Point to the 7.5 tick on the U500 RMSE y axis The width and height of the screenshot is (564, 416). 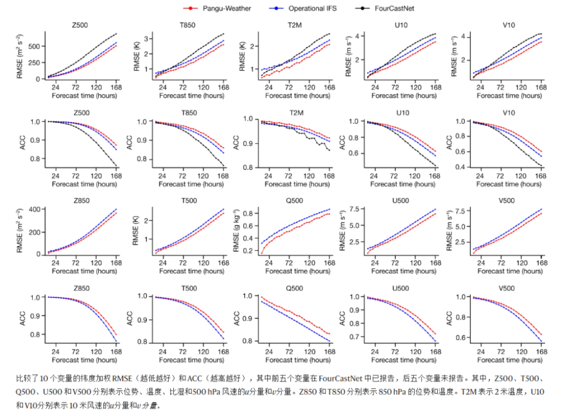point(356,209)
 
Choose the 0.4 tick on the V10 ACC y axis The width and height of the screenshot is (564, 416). point(463,167)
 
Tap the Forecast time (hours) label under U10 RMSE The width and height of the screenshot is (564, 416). point(400,95)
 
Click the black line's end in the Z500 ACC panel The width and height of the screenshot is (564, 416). point(116,166)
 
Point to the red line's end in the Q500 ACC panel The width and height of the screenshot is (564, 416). point(329,334)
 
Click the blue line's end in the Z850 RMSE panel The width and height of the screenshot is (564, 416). point(116,209)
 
